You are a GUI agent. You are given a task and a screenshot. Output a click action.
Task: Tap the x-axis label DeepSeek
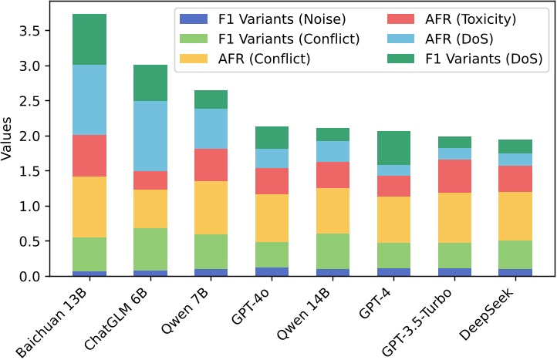coord(488,311)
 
